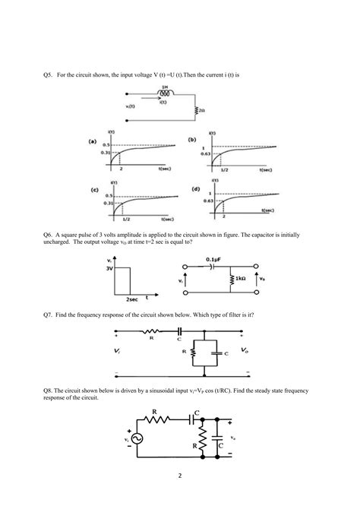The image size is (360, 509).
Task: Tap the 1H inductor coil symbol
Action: [163, 96]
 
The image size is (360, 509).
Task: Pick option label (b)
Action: [194, 140]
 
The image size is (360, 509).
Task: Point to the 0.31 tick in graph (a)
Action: [107, 155]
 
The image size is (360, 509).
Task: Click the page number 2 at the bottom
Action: [180, 476]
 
